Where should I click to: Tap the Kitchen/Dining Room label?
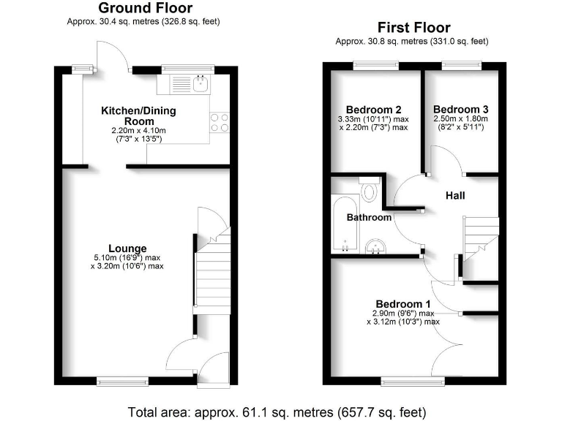138,115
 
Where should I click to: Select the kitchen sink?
201,85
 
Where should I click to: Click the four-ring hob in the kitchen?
219,122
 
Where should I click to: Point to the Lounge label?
127,249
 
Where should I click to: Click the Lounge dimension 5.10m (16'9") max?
127,258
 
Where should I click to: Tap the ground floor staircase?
211,274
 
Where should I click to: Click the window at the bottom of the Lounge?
122,381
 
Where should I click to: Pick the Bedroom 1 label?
403,304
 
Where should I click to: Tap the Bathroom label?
369,217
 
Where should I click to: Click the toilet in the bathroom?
369,192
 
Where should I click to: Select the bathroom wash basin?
376,246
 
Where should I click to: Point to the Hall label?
455,196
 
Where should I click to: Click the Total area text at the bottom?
277,411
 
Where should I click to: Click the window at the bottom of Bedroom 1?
405,381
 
